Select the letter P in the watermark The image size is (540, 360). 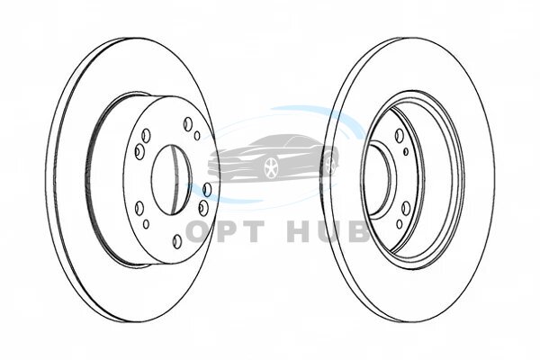tap(232, 232)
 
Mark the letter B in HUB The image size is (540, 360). tap(358, 232)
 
